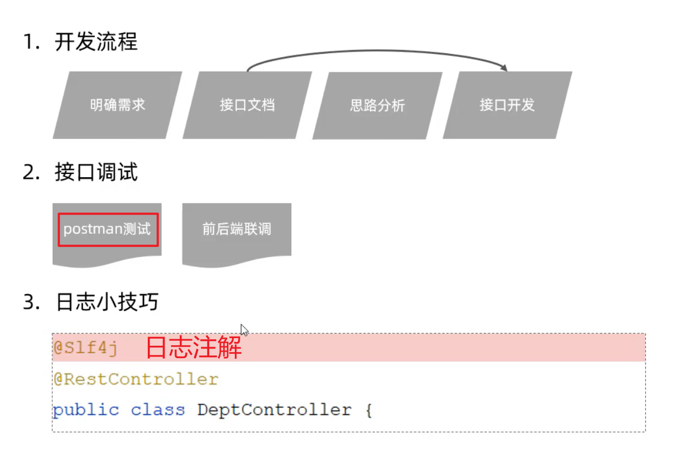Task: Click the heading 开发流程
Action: coord(96,42)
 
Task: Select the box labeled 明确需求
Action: coord(117,105)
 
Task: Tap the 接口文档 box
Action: coord(247,105)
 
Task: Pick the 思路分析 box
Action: coord(377,105)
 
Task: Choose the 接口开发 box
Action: coord(507,105)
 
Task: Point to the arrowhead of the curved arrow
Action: coord(504,68)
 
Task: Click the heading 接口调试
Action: coord(96,172)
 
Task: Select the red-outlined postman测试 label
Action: coord(108,229)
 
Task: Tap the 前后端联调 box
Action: coord(236,229)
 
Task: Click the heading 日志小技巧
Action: coord(107,302)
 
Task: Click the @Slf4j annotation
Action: coord(85,348)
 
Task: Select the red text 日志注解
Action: coord(193,348)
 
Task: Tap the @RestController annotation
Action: coord(136,379)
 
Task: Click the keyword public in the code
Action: coord(86,409)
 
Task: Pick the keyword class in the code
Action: coord(158,409)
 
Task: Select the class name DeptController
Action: coord(274,409)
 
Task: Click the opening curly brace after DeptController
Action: coord(368,410)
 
